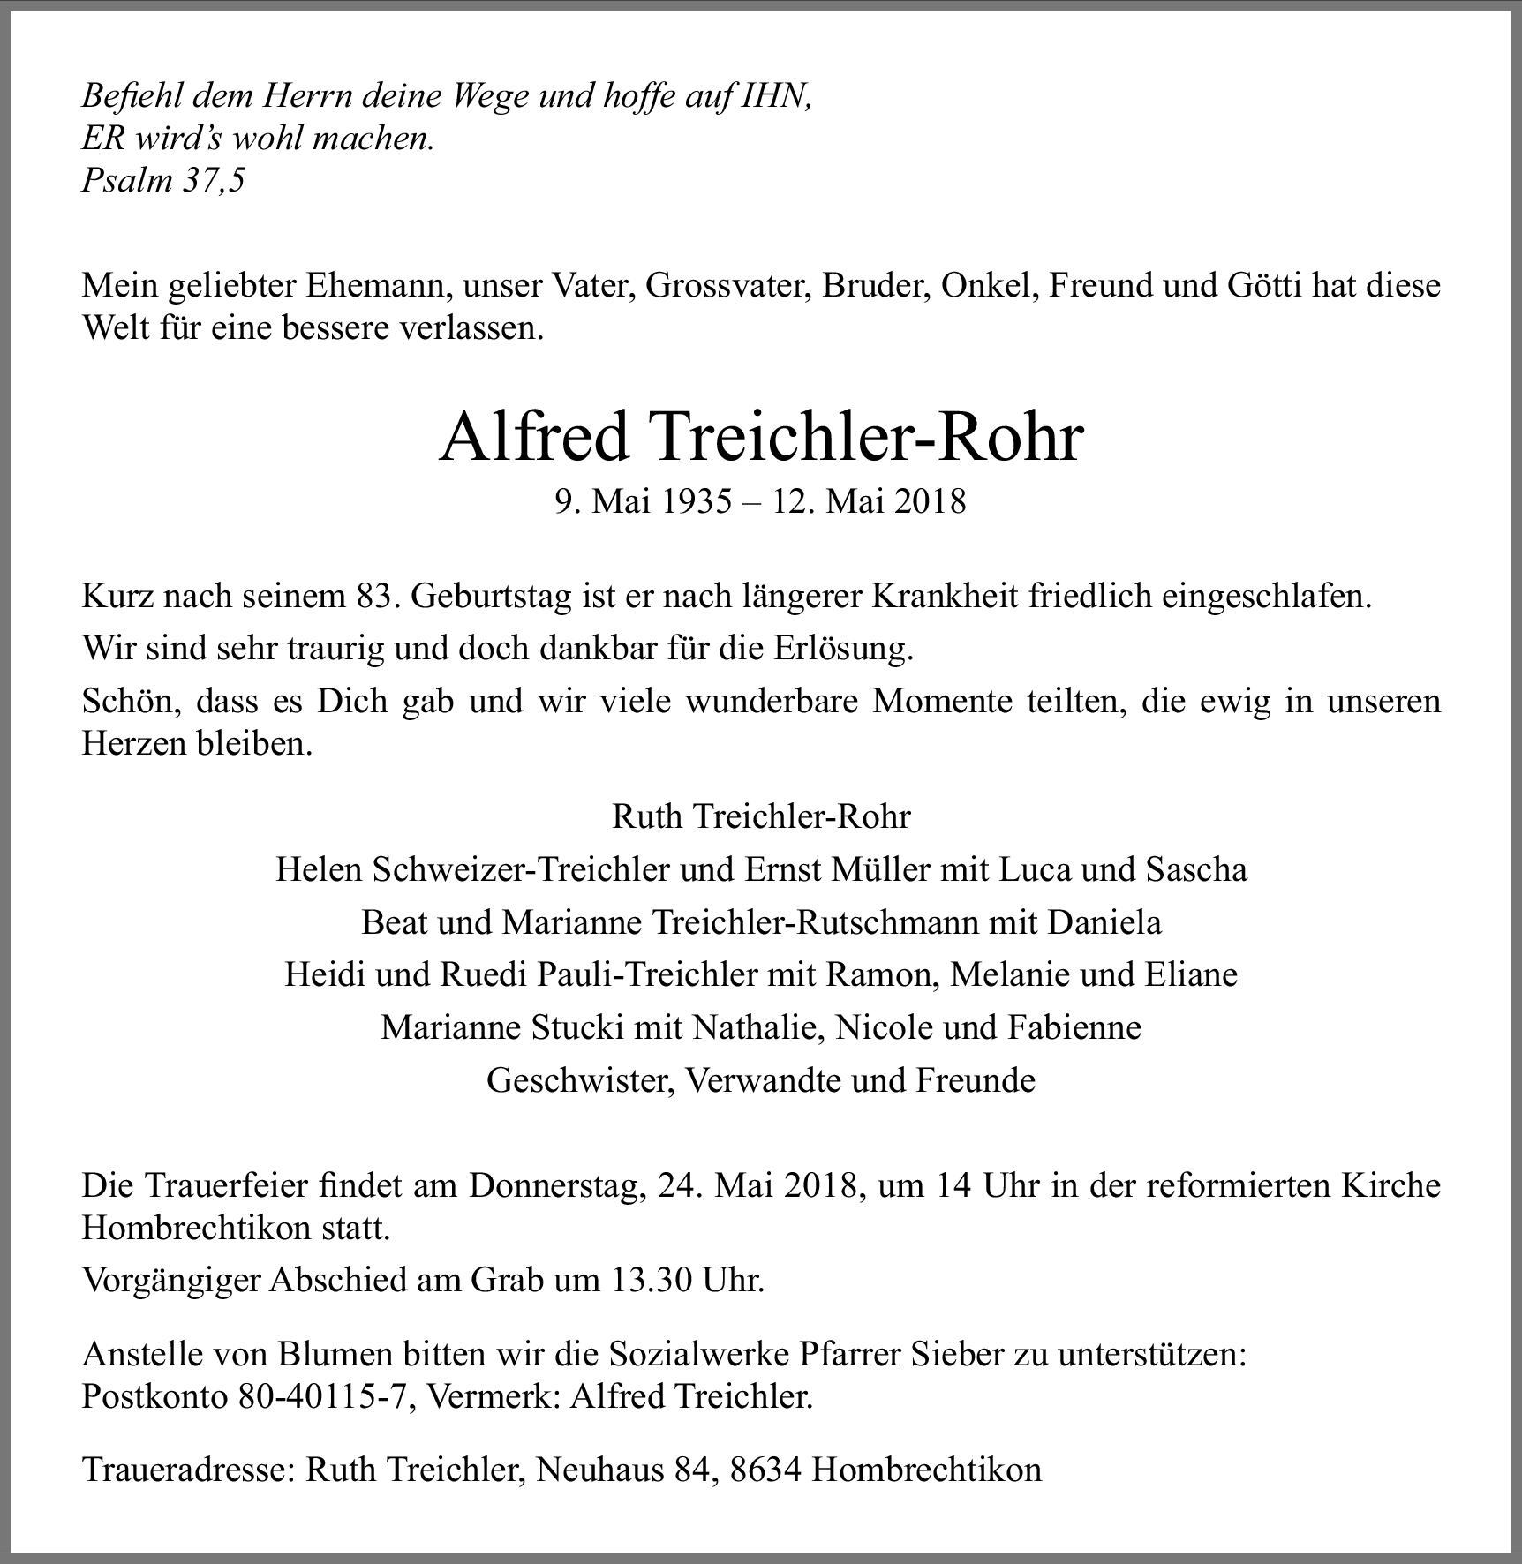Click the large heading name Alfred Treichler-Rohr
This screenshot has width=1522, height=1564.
760,438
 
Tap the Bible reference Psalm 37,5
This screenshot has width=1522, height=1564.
163,181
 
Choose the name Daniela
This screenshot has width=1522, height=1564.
1104,922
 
